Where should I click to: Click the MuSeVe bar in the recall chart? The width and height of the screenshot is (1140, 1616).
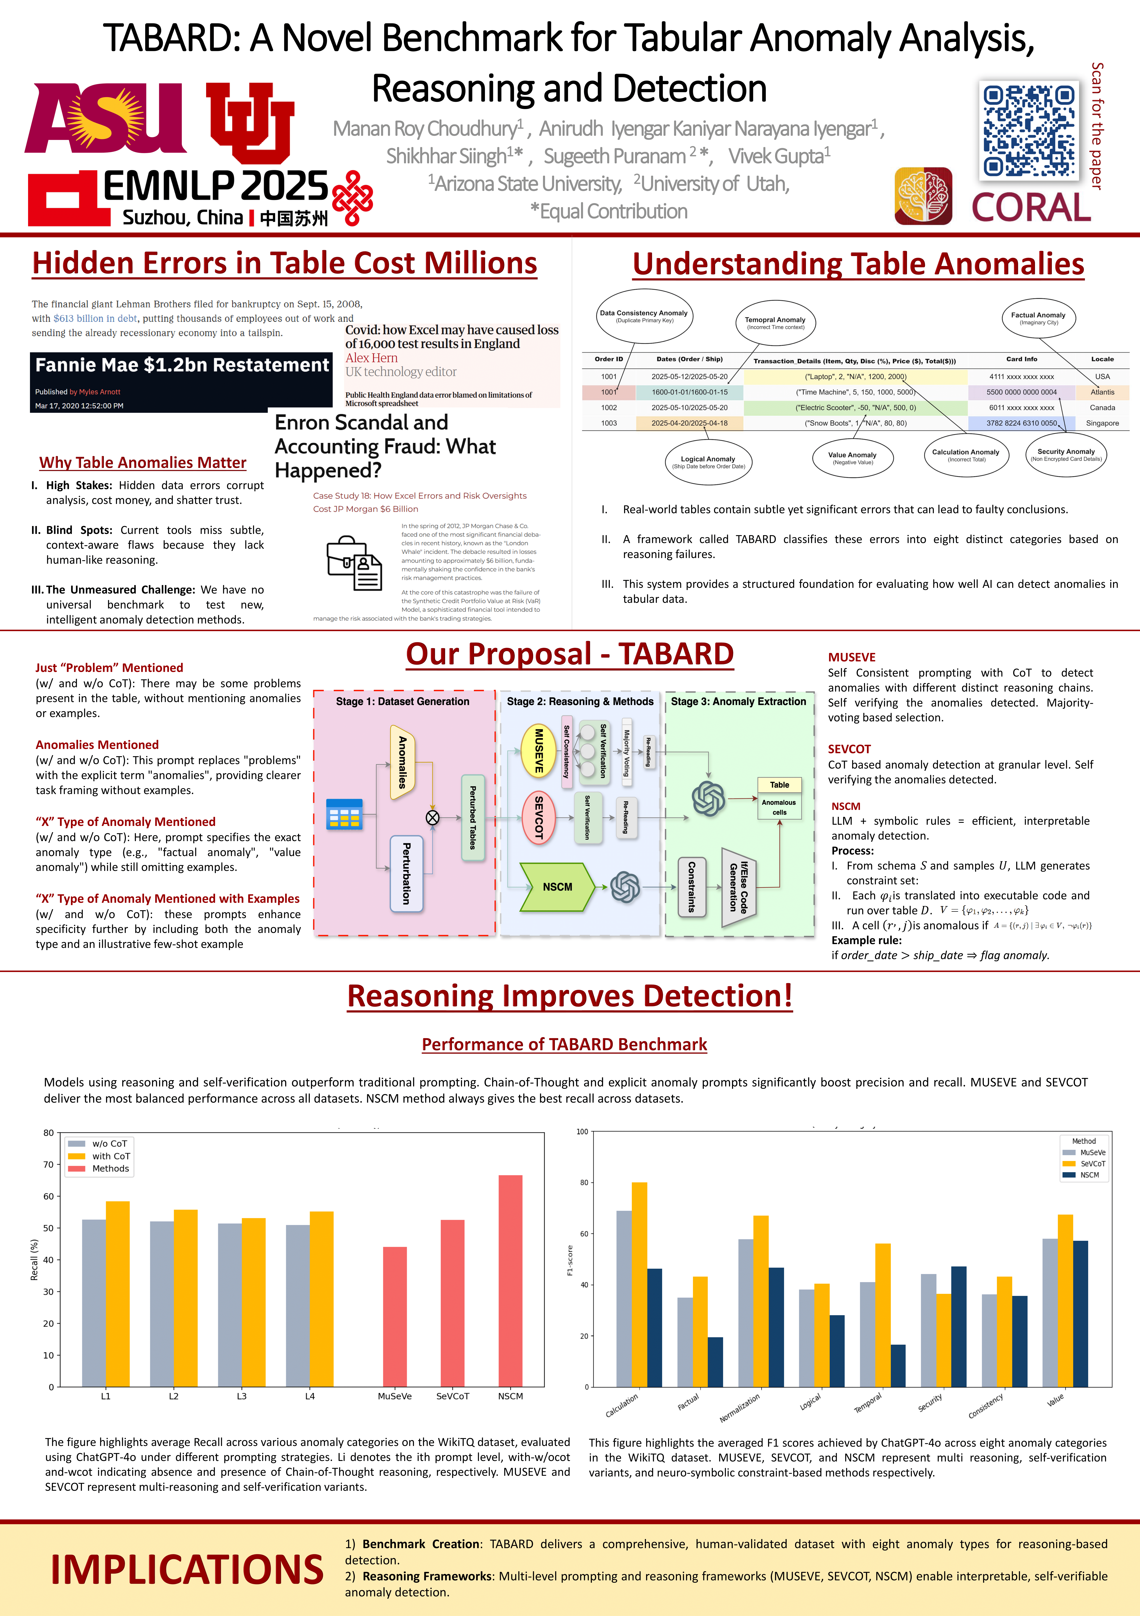(395, 1316)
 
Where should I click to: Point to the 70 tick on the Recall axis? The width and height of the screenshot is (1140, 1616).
(49, 1165)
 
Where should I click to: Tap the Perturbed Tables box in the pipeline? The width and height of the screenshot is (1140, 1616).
(473, 818)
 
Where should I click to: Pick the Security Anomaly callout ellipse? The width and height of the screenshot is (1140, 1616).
(1065, 455)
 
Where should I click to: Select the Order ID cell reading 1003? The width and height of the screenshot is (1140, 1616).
(609, 423)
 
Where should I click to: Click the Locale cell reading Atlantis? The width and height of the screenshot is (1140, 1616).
(1102, 392)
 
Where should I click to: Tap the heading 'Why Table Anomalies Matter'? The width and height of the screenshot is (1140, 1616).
(143, 462)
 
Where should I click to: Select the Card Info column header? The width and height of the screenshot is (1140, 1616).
(1021, 359)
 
